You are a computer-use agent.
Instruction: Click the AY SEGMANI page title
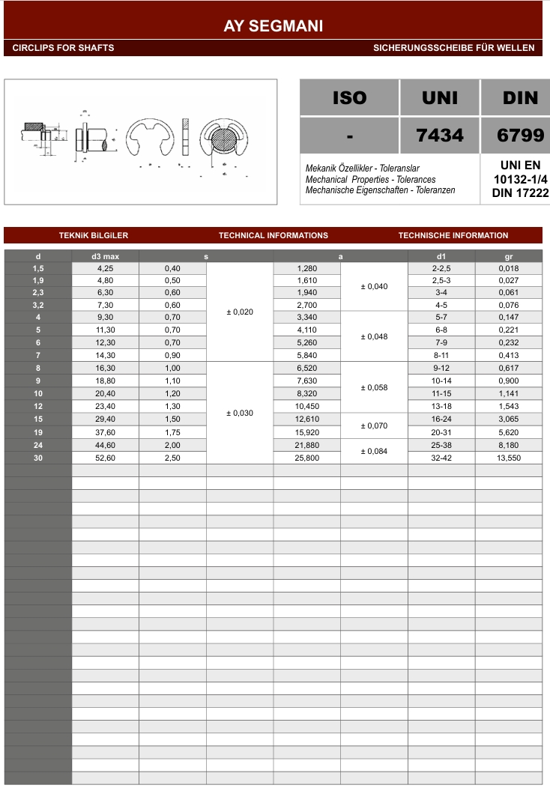[274, 26]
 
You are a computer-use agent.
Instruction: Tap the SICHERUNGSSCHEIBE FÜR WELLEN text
[454, 48]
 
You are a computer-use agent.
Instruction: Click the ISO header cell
[349, 97]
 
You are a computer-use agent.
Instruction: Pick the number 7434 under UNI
[440, 135]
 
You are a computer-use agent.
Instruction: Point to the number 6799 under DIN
[520, 135]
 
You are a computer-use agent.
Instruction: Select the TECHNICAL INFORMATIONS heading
[274, 235]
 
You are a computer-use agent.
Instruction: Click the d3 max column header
[105, 257]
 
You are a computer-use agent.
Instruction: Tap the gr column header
[509, 257]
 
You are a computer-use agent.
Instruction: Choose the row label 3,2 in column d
[38, 305]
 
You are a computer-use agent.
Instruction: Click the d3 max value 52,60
[105, 458]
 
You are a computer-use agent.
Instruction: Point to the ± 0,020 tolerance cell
[239, 312]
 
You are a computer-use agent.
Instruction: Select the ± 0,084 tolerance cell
[374, 451]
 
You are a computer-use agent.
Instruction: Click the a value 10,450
[307, 407]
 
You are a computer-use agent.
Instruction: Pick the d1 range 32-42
[441, 458]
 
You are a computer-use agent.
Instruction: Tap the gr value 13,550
[509, 458]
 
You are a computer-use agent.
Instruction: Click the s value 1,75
[172, 432]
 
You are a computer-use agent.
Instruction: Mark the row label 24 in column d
[38, 445]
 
